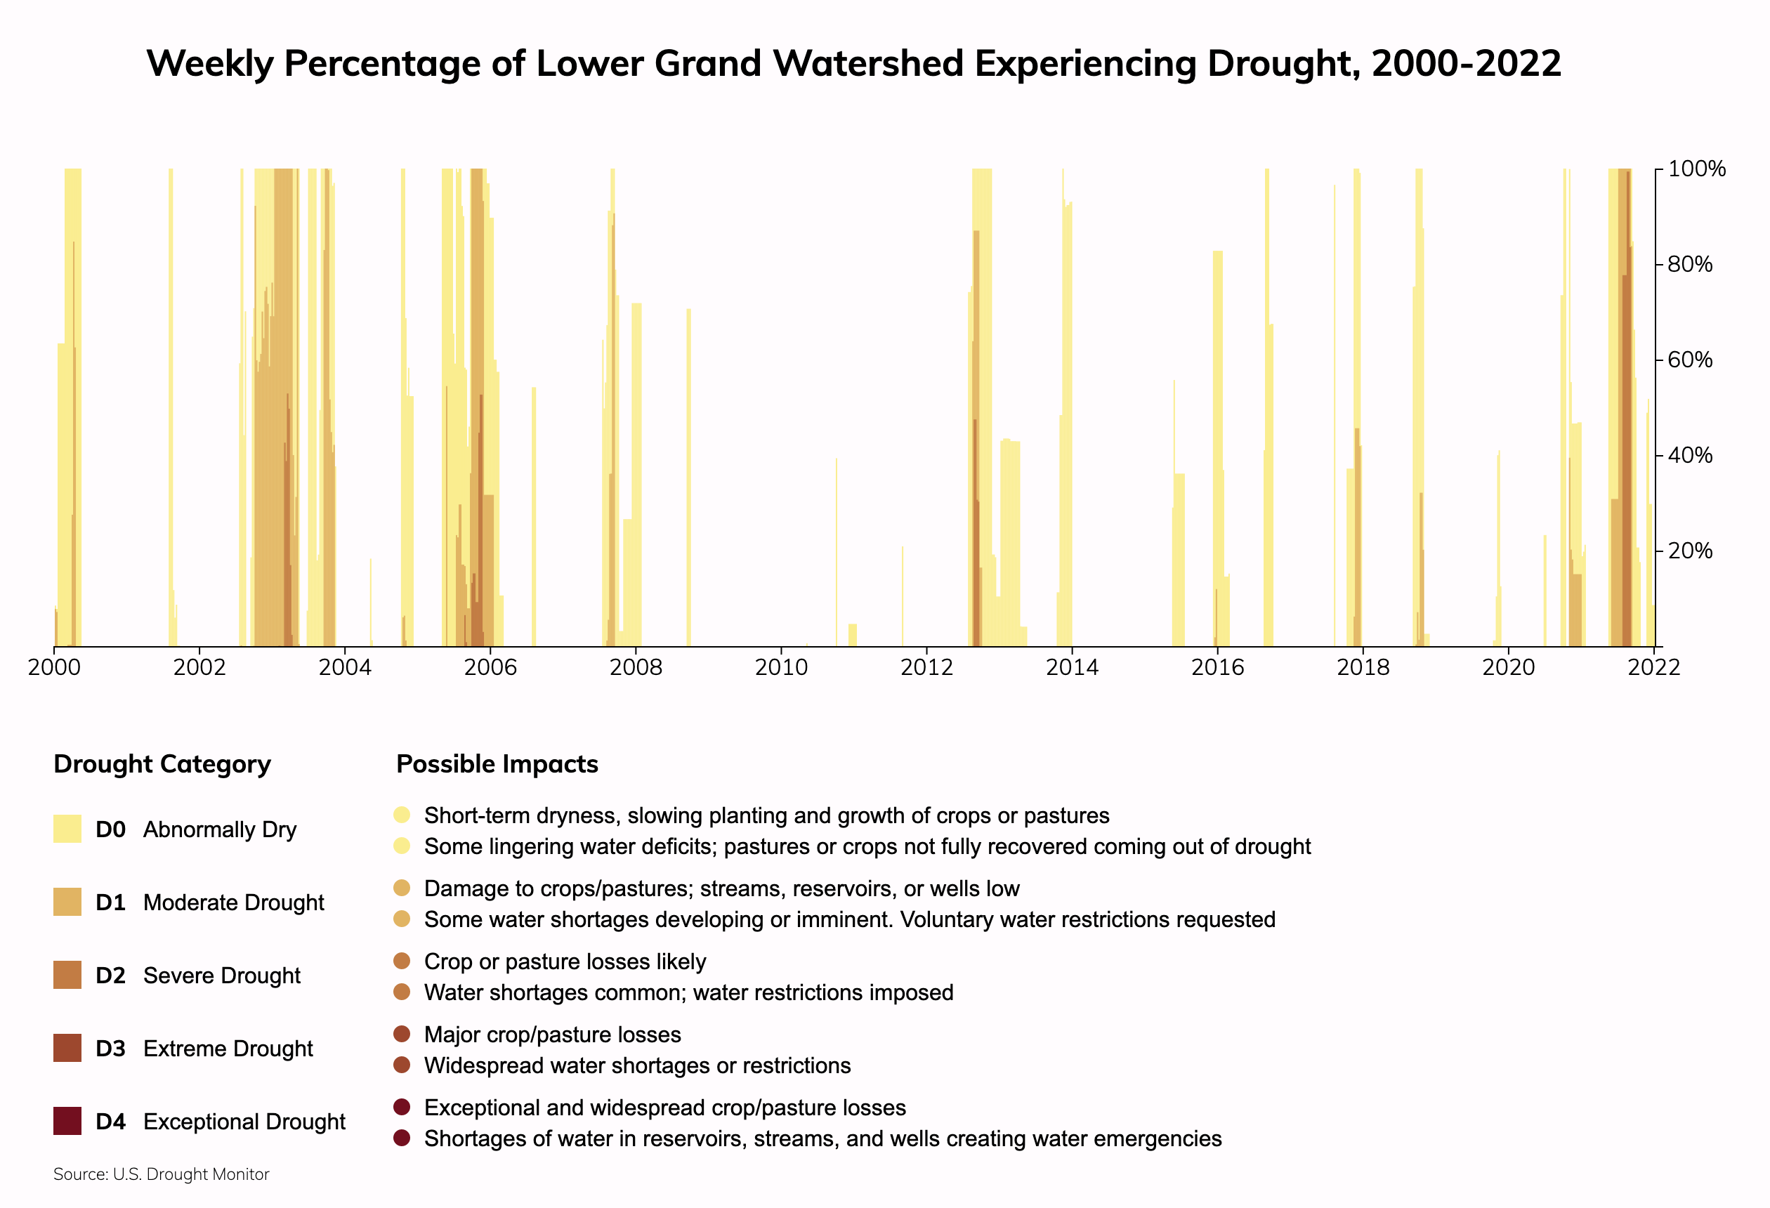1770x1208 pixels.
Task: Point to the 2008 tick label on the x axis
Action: pos(635,668)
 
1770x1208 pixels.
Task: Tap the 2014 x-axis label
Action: pos(1072,668)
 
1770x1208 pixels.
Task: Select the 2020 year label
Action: pos(1508,668)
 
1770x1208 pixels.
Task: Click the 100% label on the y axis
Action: pos(1696,169)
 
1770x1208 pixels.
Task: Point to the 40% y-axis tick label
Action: pos(1690,456)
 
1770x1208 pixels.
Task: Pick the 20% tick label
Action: pos(1690,551)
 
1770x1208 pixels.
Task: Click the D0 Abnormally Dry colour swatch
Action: pos(67,829)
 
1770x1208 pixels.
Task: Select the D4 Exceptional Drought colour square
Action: pos(67,1121)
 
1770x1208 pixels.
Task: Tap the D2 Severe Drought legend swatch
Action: pos(67,975)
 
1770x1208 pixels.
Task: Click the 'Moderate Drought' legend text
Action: pos(233,902)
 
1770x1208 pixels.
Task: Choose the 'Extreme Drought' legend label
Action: pos(228,1049)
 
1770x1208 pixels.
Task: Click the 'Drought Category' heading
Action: pos(162,764)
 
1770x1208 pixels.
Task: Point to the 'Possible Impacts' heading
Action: pos(497,764)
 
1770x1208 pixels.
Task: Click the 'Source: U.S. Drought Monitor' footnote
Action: pos(162,1174)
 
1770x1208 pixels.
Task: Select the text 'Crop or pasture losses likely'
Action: pos(565,962)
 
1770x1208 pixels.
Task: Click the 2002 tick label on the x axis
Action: pos(199,668)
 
